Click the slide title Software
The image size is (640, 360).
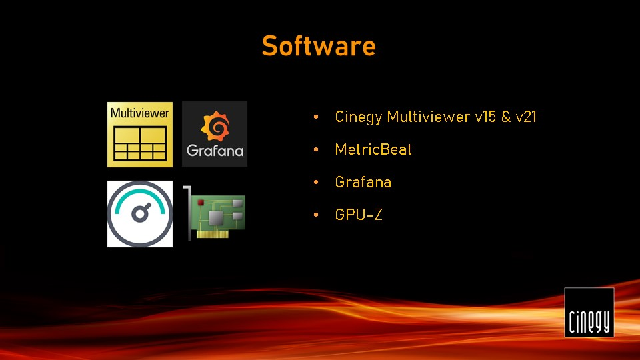(x=319, y=45)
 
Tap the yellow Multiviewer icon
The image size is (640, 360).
(x=140, y=135)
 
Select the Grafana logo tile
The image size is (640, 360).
(x=215, y=134)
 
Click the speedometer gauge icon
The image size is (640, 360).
(x=140, y=214)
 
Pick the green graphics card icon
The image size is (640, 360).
(x=215, y=213)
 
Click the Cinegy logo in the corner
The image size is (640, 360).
(x=589, y=312)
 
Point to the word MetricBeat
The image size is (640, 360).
(x=373, y=149)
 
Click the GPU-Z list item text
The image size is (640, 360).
(x=359, y=215)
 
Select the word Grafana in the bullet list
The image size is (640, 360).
(x=363, y=182)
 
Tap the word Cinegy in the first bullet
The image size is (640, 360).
(x=359, y=117)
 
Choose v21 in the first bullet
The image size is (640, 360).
(x=526, y=117)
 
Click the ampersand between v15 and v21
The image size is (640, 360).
(x=506, y=117)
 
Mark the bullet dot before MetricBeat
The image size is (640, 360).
(x=316, y=150)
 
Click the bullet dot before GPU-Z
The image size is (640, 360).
(x=316, y=215)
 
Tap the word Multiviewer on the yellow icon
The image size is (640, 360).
(x=139, y=113)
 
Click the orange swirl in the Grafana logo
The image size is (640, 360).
(x=215, y=126)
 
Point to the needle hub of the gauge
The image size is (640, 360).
(x=139, y=214)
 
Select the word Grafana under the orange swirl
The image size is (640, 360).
(x=215, y=151)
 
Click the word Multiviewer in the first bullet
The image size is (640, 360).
(x=429, y=117)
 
